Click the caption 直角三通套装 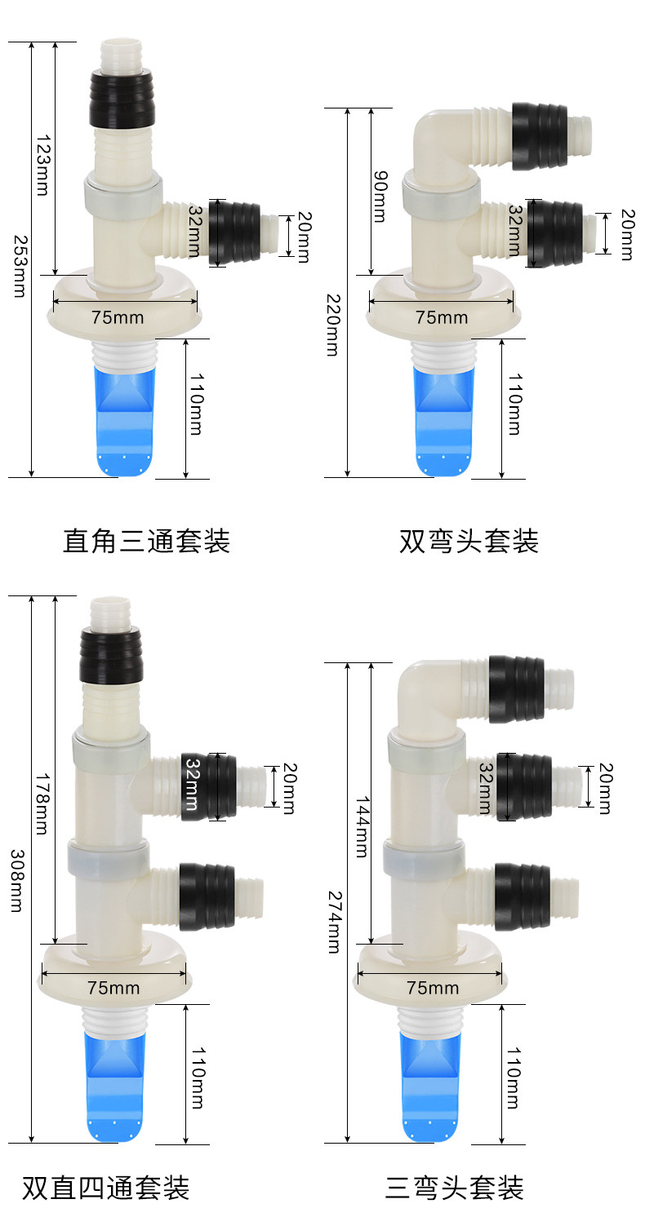147,541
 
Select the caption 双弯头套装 469,541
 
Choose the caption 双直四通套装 105,1187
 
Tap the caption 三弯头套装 455,1187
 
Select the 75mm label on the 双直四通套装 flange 113,988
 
